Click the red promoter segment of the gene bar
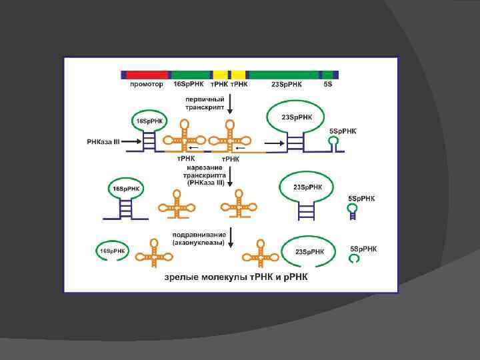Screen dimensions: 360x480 [147, 75]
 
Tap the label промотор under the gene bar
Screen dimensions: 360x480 [146, 85]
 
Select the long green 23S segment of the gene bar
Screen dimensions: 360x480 [283, 75]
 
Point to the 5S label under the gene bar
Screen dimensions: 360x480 [327, 85]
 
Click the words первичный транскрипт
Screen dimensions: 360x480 [204, 103]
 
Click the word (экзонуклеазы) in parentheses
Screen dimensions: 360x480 [198, 243]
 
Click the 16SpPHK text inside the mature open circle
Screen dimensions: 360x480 [113, 251]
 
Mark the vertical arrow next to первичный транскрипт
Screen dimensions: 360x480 [229, 103]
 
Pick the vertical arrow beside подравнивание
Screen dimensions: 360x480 [229, 238]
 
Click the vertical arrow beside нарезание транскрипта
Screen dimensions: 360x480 [230, 177]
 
